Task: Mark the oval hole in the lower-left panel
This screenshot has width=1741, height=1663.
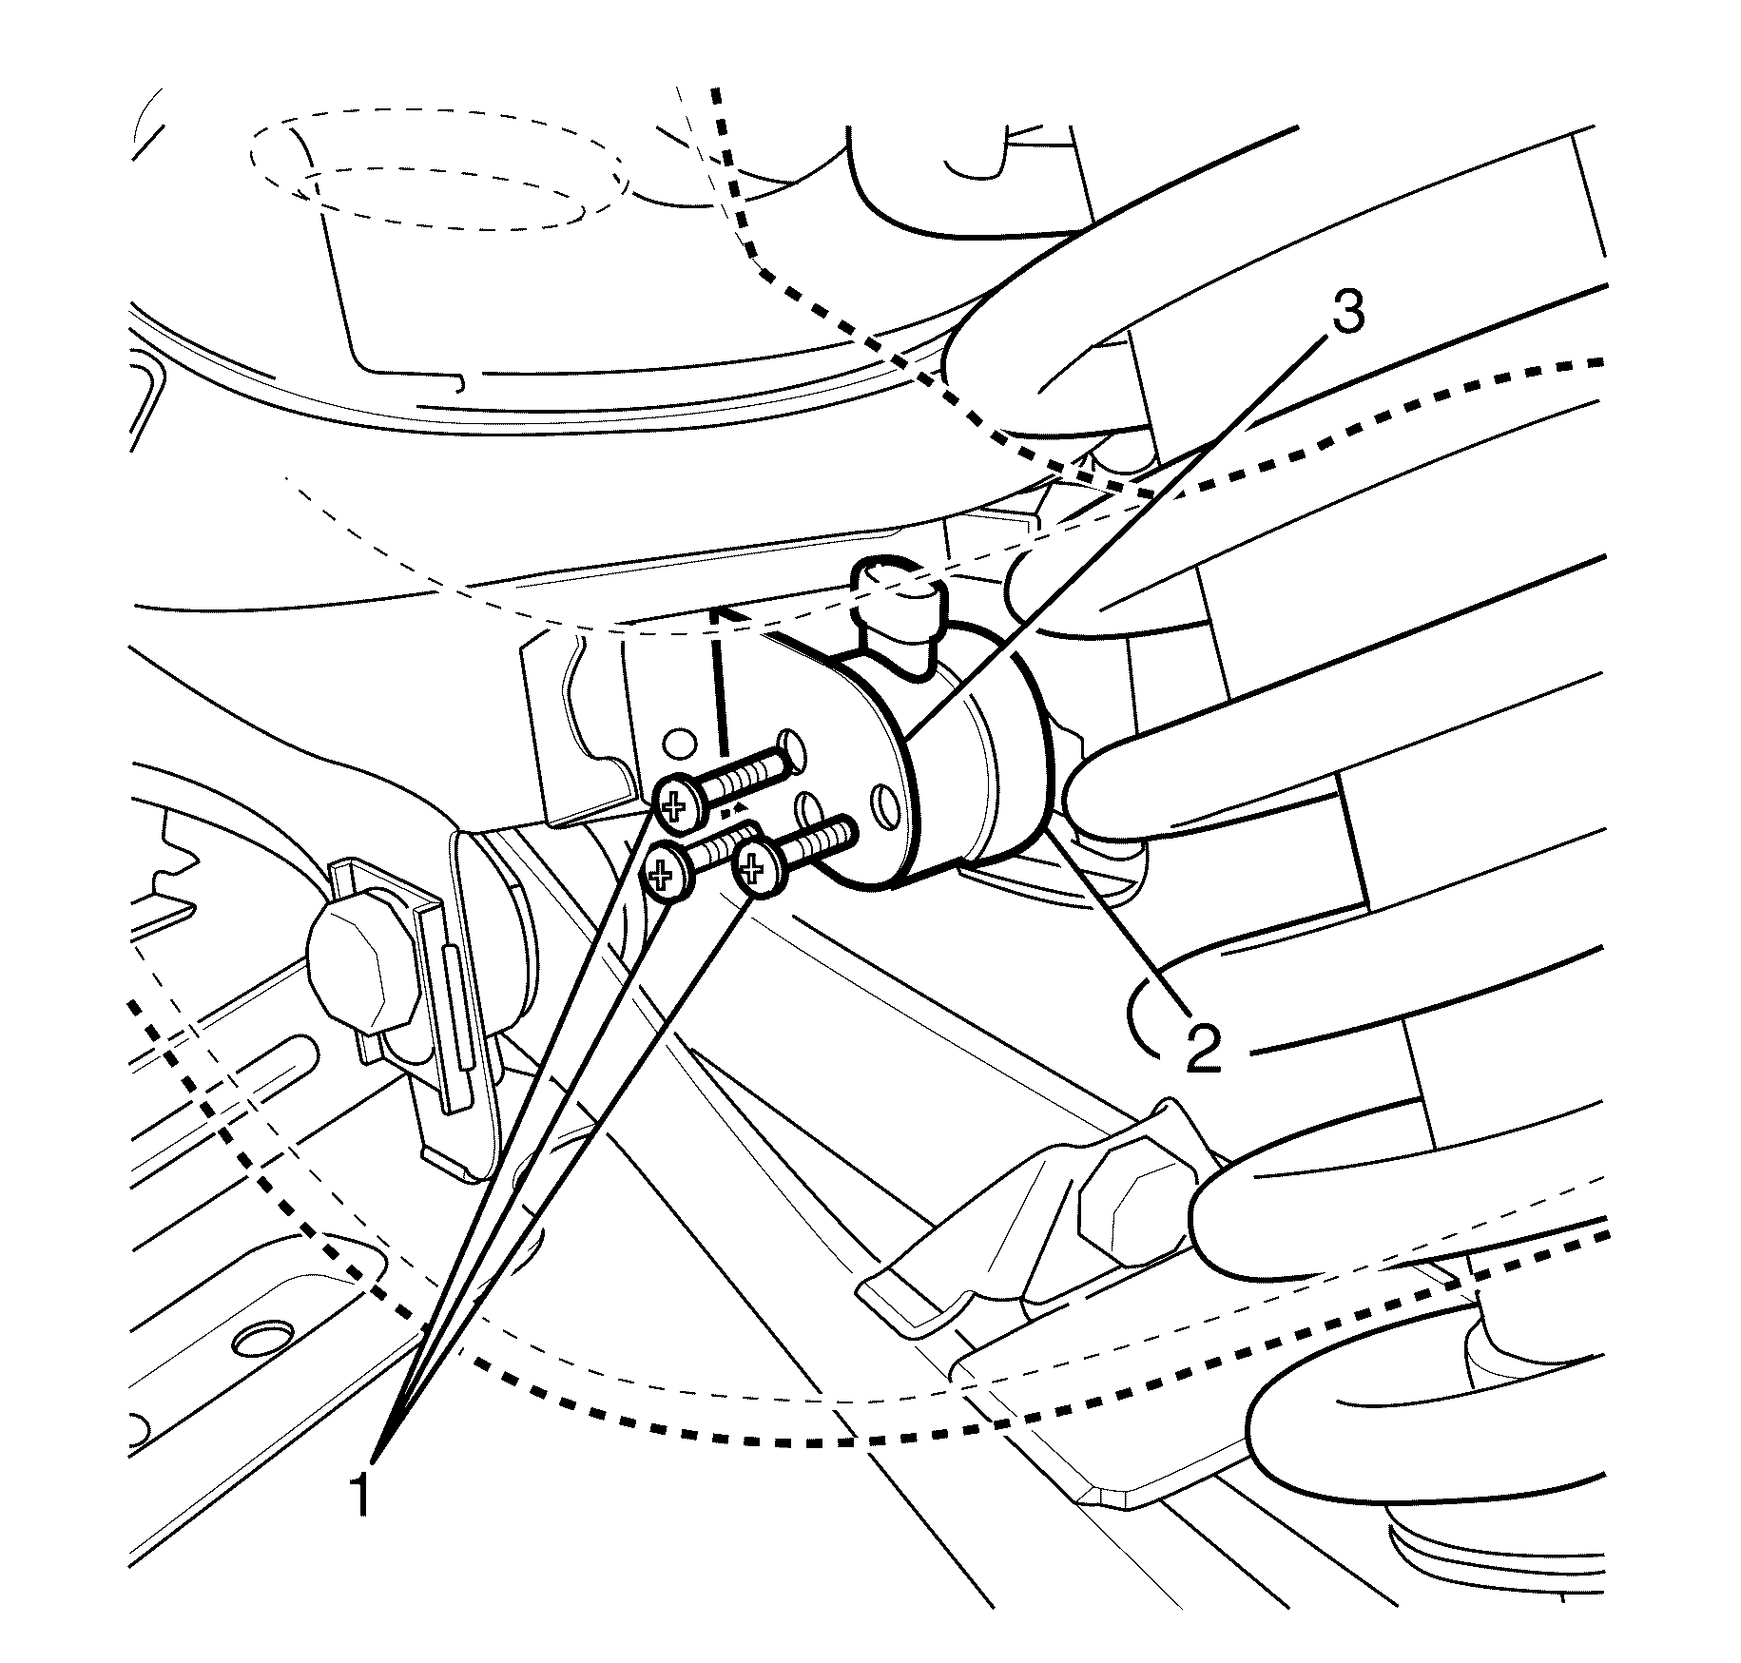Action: tap(262, 1341)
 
